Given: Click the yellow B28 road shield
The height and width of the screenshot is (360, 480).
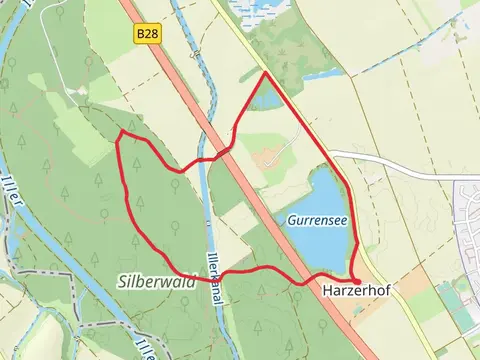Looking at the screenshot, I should pyautogui.click(x=147, y=34).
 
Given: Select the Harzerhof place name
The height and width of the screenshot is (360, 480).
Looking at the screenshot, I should pyautogui.click(x=356, y=291).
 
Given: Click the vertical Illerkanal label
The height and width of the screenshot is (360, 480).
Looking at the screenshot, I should pyautogui.click(x=213, y=265).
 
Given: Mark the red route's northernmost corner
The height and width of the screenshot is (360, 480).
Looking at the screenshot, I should pyautogui.click(x=264, y=73).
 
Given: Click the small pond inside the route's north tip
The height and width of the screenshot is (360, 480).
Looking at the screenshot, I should pyautogui.click(x=266, y=97).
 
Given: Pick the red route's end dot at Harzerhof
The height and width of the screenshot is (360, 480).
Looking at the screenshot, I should pyautogui.click(x=357, y=280).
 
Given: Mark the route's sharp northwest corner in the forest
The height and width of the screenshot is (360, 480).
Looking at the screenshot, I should pyautogui.click(x=120, y=132).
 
